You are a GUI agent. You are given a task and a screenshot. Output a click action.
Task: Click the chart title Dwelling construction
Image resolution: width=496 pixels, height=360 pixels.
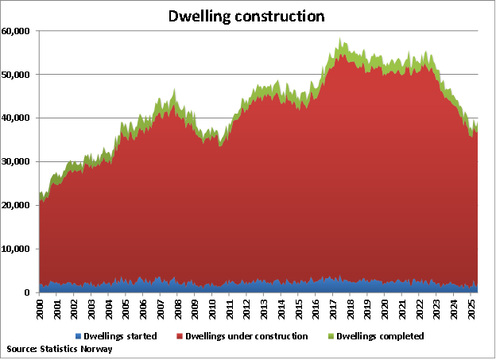tap(247, 16)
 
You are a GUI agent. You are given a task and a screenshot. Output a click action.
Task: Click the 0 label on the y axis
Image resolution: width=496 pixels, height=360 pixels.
tap(28, 293)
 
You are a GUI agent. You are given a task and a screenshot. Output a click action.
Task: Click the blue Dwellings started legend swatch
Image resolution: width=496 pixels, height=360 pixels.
tap(79, 336)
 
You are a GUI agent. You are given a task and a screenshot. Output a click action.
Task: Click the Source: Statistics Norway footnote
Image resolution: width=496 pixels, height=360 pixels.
tap(59, 349)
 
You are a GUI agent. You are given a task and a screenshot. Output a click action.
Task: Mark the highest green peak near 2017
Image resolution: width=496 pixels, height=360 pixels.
tap(339, 38)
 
